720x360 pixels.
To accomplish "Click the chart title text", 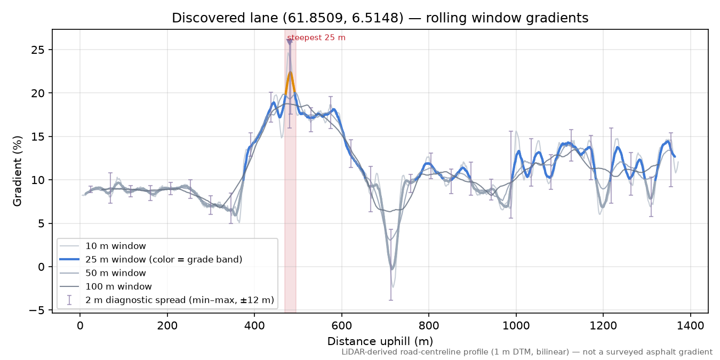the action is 380,18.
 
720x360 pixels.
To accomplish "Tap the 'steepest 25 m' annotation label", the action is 316,38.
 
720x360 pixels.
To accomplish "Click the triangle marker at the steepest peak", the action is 290,42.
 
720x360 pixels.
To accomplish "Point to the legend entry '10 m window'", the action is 115,246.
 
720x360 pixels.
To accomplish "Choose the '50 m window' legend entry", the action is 115,273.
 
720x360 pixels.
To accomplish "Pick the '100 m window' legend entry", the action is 118,287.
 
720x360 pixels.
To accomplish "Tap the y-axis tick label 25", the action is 38,50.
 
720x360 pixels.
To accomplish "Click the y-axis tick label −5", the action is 37,310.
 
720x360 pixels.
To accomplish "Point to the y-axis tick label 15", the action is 38,137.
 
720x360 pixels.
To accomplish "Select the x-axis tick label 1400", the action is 691,326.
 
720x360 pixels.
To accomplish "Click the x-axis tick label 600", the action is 342,326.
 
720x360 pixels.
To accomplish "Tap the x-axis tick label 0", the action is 80,326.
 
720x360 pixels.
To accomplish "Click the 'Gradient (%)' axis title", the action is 18,171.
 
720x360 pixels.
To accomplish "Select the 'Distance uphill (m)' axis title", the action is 380,341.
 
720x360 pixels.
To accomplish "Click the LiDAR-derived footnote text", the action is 527,353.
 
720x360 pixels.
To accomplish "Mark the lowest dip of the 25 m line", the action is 392,269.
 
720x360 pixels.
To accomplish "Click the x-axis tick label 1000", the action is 516,326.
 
